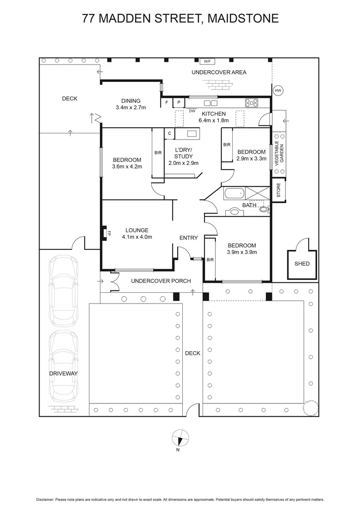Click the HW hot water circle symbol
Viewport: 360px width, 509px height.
[278, 90]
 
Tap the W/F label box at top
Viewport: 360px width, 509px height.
[206, 61]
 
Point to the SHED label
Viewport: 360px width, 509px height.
[302, 263]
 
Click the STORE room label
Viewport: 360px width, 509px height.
[278, 190]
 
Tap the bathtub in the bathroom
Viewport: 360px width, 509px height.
[234, 193]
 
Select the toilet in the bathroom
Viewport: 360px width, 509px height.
[263, 209]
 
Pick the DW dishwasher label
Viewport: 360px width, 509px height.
[192, 111]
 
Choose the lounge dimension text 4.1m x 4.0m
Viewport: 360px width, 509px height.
[137, 237]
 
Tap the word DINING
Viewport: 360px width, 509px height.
[131, 100]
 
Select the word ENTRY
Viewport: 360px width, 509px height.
[188, 238]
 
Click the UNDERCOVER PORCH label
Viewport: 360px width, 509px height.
[161, 281]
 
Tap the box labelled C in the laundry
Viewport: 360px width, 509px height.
[169, 134]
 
